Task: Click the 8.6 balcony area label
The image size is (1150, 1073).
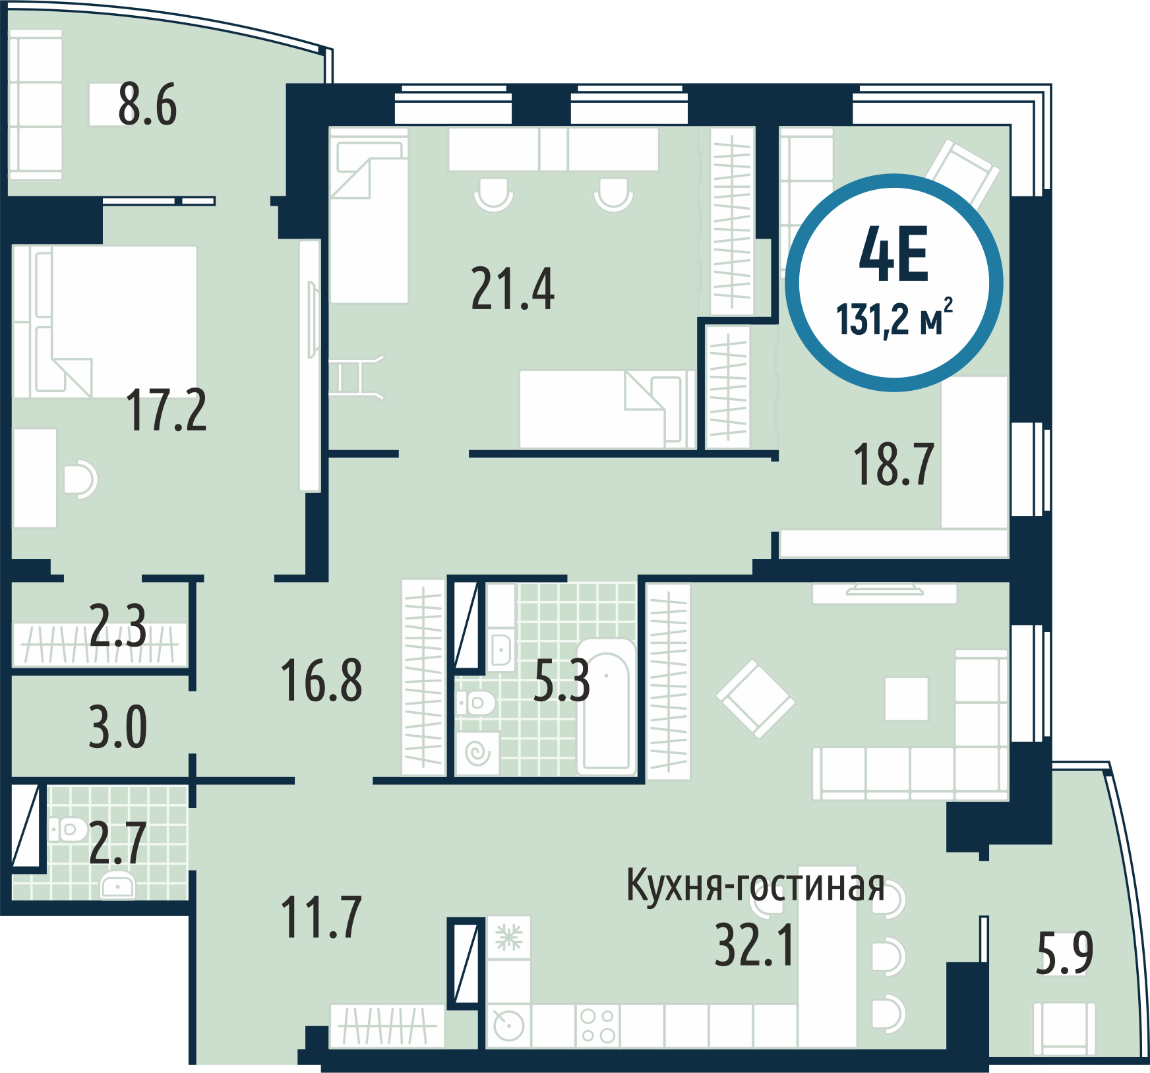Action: pos(148,105)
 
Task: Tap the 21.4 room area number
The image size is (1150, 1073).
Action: pos(513,289)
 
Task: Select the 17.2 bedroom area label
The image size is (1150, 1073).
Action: pos(166,410)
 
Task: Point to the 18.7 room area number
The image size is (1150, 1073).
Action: pos(893,464)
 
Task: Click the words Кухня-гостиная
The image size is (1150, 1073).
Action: pos(755,885)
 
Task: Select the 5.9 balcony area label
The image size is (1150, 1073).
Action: pos(1064,952)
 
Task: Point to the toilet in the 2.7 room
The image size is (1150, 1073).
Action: pos(68,829)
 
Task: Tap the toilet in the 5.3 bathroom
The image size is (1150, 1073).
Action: pos(475,703)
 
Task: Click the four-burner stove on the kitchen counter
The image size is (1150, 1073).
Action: pos(597,1026)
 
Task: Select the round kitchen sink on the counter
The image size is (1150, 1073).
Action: pos(508,1026)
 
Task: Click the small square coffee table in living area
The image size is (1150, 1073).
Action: pos(906,699)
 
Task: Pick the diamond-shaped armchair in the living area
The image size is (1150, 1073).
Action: pos(756,699)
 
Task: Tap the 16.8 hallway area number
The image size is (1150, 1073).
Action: pos(321,680)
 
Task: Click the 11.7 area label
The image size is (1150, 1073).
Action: pos(321,917)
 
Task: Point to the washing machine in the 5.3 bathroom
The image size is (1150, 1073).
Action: pos(477,753)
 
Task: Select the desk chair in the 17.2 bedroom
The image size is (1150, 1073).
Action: pos(80,479)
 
